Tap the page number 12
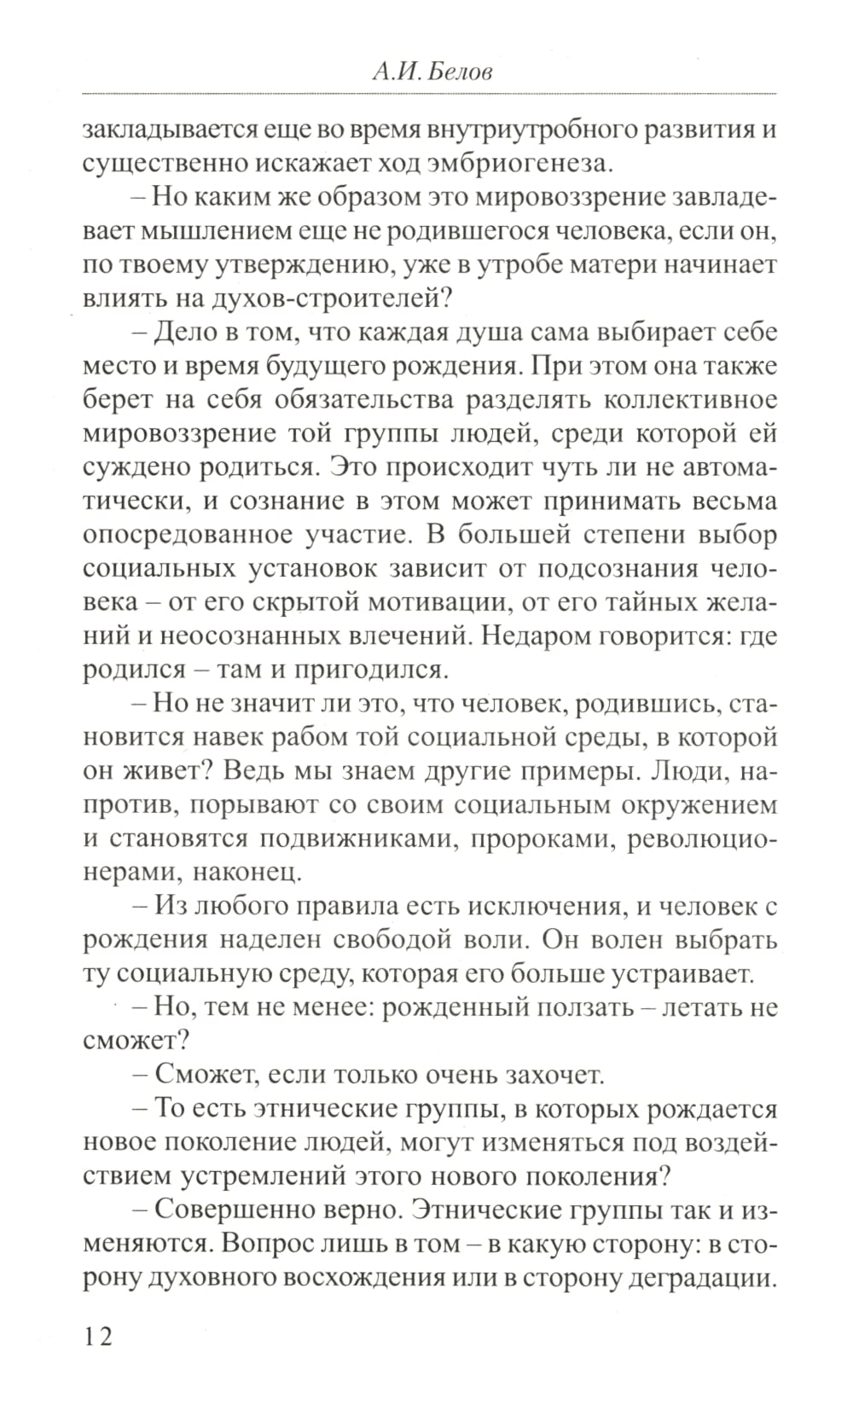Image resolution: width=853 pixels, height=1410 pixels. click(x=97, y=1335)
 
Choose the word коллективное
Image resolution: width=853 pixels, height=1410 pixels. click(x=689, y=399)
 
